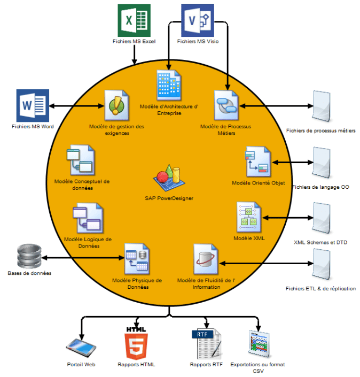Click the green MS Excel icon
click(x=134, y=20)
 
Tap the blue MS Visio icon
click(x=198, y=20)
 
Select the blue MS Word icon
click(x=33, y=105)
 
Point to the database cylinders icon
click(x=29, y=256)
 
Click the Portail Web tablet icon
click(x=82, y=347)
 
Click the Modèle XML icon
click(x=248, y=217)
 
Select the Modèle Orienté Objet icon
click(x=258, y=162)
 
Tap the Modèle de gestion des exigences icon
click(x=116, y=105)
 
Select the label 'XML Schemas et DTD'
click(x=320, y=242)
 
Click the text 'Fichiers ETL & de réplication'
click(x=320, y=289)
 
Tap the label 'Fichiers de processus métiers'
click(x=320, y=130)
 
